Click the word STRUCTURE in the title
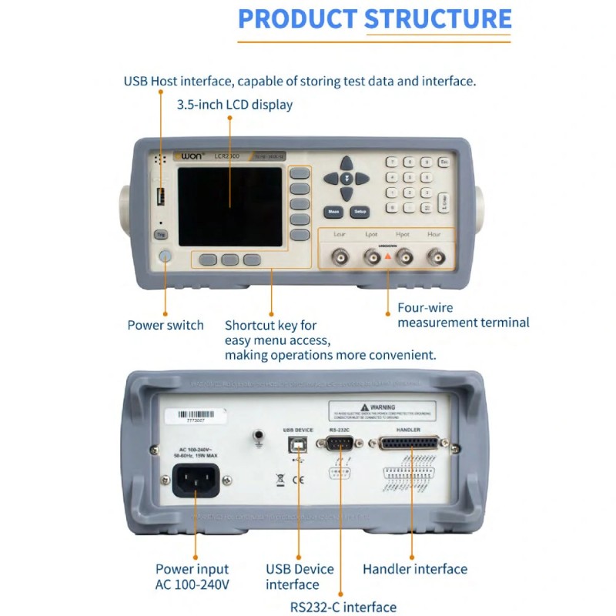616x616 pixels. [x=437, y=19]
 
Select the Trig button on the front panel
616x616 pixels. [x=161, y=234]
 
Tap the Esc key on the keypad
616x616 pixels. [x=444, y=162]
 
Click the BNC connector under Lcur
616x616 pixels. [x=339, y=257]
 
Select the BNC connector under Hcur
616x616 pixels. [x=436, y=257]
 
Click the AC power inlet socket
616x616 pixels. [x=196, y=482]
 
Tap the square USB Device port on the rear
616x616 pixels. [x=298, y=444]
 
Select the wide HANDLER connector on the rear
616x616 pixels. [x=408, y=444]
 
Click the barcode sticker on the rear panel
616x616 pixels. [x=196, y=416]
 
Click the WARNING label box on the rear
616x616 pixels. [x=383, y=410]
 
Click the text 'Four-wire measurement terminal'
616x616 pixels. [x=463, y=315]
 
